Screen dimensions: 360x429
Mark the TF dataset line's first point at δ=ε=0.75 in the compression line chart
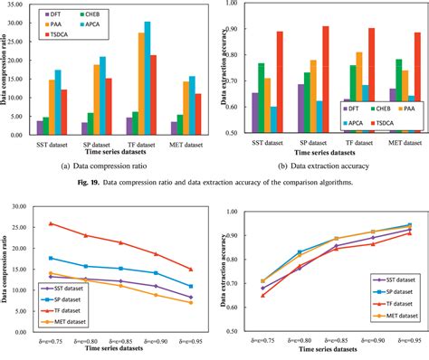(x=51, y=223)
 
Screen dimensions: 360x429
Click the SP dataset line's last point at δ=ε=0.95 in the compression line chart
(x=189, y=286)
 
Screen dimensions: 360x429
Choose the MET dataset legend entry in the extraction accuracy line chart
(x=391, y=317)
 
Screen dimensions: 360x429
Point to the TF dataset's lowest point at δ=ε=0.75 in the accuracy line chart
(x=262, y=295)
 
